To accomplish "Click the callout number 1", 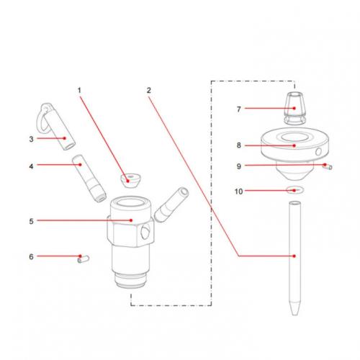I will [x=79, y=91].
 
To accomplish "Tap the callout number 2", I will [x=148, y=91].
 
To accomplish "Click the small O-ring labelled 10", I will [x=295, y=191].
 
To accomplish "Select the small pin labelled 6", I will [x=81, y=256].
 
